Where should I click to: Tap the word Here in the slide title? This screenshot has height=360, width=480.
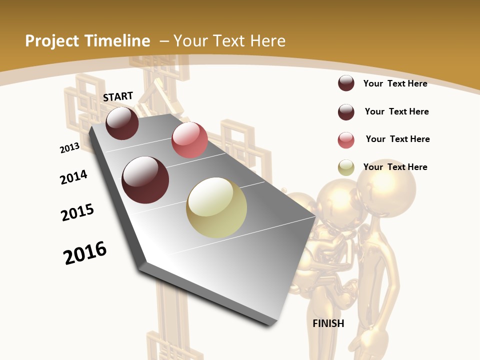click(267, 41)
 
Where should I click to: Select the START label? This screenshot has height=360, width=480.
click(118, 96)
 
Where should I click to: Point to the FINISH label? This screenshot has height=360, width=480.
click(328, 323)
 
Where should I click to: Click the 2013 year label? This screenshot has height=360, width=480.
click(69, 148)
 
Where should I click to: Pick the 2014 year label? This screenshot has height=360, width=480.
click(73, 177)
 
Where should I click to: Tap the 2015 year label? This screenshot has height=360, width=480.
click(77, 212)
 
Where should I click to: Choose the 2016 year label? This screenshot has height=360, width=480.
click(85, 252)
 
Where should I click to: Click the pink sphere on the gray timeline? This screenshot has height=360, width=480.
click(189, 140)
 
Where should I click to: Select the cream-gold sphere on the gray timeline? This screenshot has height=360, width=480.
click(216, 207)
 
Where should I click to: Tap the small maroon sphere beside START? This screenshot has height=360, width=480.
click(122, 123)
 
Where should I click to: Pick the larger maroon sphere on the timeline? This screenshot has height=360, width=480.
click(145, 180)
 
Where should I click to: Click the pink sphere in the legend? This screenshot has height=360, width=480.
click(346, 140)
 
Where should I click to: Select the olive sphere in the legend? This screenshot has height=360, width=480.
click(346, 168)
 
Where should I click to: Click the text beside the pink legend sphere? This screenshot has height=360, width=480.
click(397, 139)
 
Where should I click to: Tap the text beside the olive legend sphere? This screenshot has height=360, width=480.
click(395, 167)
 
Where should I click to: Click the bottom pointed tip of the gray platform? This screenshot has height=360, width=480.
click(272, 323)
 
